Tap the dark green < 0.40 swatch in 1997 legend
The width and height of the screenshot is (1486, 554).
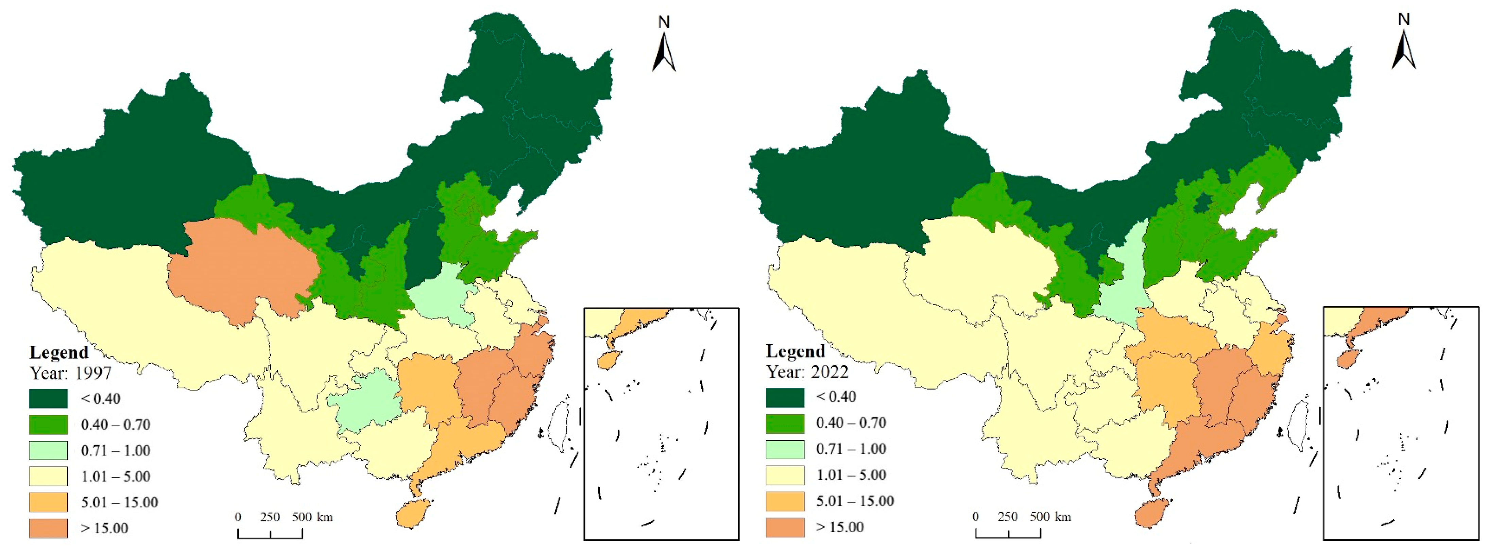pos(49,398)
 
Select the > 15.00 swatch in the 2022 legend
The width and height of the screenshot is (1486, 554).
pos(785,527)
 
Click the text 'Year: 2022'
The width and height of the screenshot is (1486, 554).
pos(807,372)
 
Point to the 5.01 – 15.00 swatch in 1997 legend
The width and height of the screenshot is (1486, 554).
pos(49,502)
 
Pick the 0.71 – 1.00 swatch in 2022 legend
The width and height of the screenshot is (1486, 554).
pos(785,449)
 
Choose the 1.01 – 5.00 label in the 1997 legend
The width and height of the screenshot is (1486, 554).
pos(115,476)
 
